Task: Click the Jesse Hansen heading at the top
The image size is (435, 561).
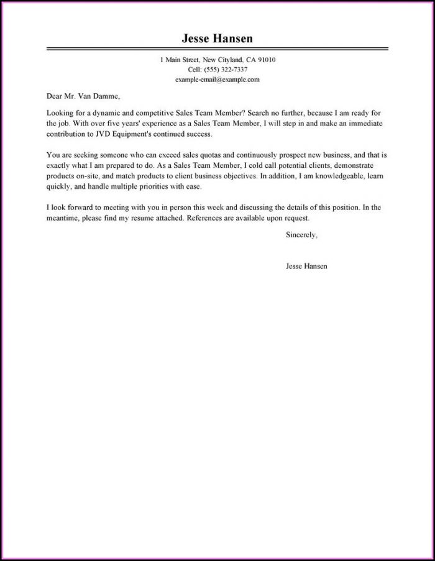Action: [x=217, y=39]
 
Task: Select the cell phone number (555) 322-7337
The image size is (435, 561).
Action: [x=226, y=70]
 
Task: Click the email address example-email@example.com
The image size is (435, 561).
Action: [x=217, y=80]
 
